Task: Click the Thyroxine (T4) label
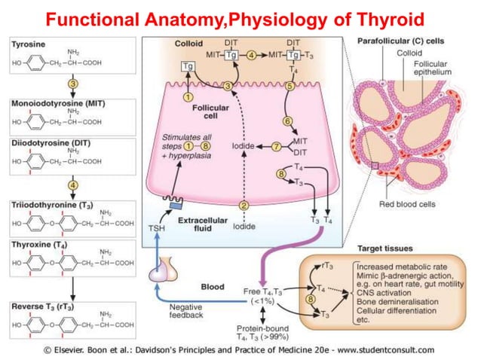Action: coord(39,246)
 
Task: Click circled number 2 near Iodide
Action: coord(243,205)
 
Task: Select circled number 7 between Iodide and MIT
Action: coord(276,145)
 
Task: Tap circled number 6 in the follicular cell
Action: coord(287,121)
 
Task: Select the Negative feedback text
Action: coord(186,311)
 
